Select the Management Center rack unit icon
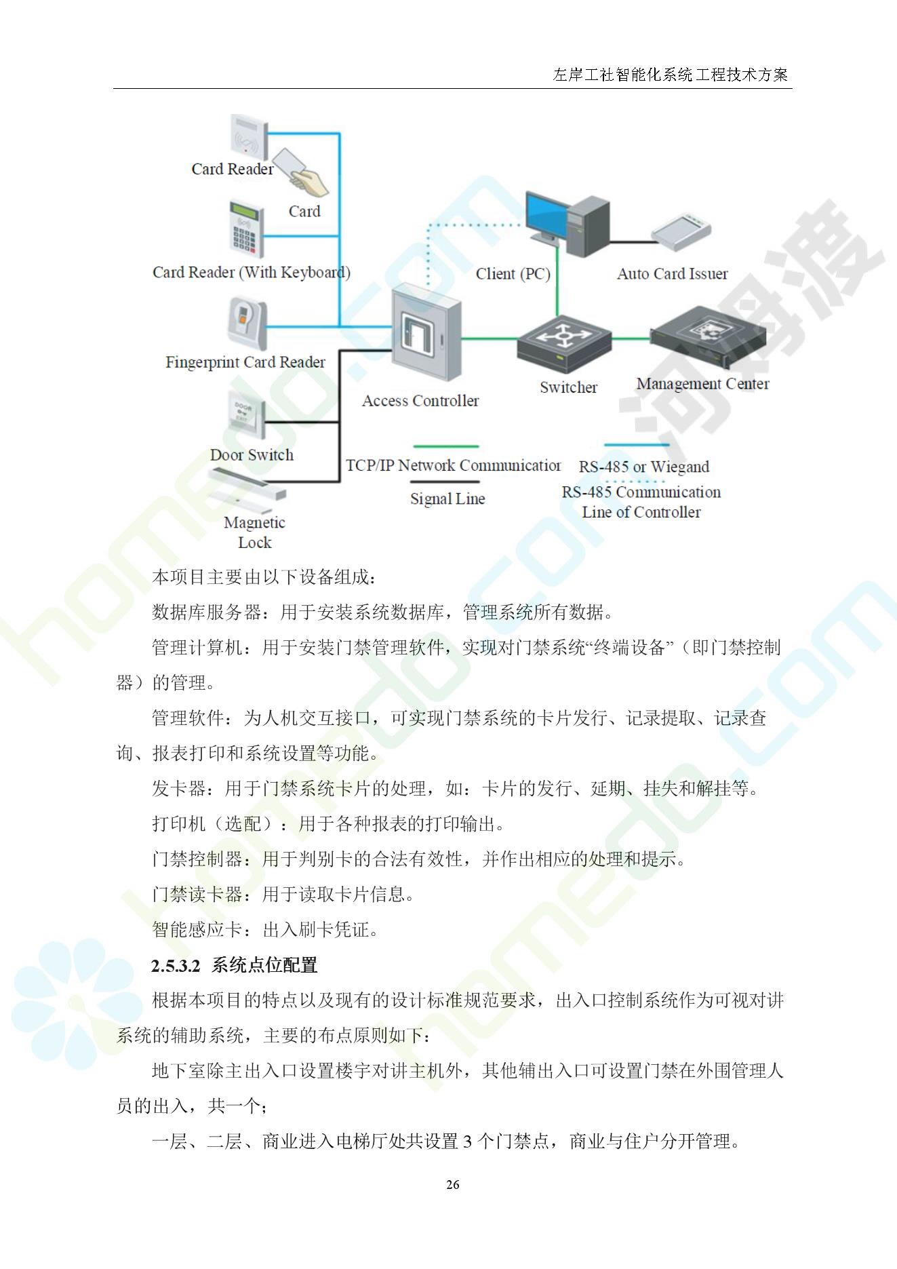pyautogui.click(x=708, y=339)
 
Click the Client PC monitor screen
pyautogui.click(x=548, y=213)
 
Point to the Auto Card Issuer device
pyautogui.click(x=681, y=229)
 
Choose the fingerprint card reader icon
pyautogui.click(x=247, y=325)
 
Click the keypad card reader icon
pyautogui.click(x=245, y=229)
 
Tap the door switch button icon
pyautogui.click(x=246, y=420)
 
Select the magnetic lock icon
pyautogui.click(x=247, y=489)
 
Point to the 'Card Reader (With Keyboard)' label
pyautogui.click(x=252, y=273)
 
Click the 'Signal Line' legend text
pyautogui.click(x=447, y=499)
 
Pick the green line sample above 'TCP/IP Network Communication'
pyautogui.click(x=445, y=446)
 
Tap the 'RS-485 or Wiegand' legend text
pyautogui.click(x=644, y=467)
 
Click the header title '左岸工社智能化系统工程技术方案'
pyautogui.click(x=671, y=75)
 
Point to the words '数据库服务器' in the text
pyautogui.click(x=206, y=612)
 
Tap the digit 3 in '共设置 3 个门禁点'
pyautogui.click(x=468, y=1141)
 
